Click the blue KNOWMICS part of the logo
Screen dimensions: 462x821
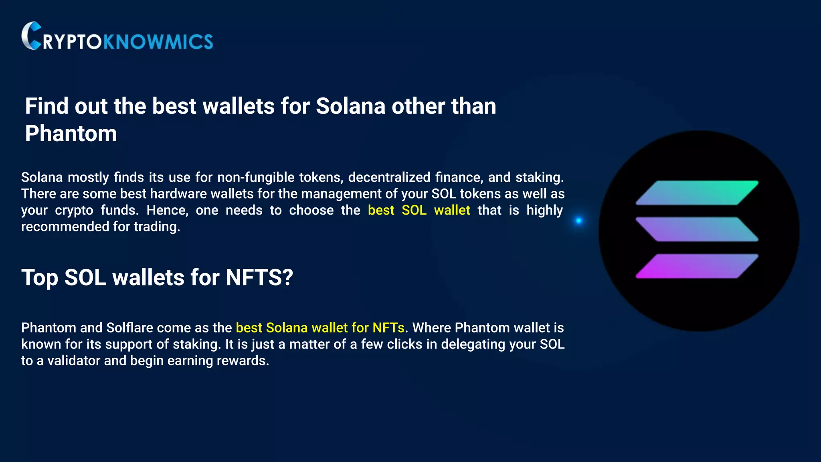[x=158, y=42]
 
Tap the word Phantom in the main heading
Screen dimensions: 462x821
[x=71, y=134]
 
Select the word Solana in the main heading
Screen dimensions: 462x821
[x=350, y=106]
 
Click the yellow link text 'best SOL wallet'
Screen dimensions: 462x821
[x=419, y=210]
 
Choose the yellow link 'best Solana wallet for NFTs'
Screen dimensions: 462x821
[x=320, y=328]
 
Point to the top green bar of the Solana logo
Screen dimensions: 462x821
[x=697, y=193]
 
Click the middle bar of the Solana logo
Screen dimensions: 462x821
[x=697, y=229]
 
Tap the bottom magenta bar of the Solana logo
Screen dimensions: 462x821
[x=697, y=266]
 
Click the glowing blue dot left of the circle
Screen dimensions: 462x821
[x=578, y=220]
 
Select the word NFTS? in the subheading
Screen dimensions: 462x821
[x=259, y=278]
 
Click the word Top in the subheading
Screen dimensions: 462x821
[x=39, y=278]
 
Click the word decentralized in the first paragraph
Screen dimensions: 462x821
[x=389, y=177]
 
